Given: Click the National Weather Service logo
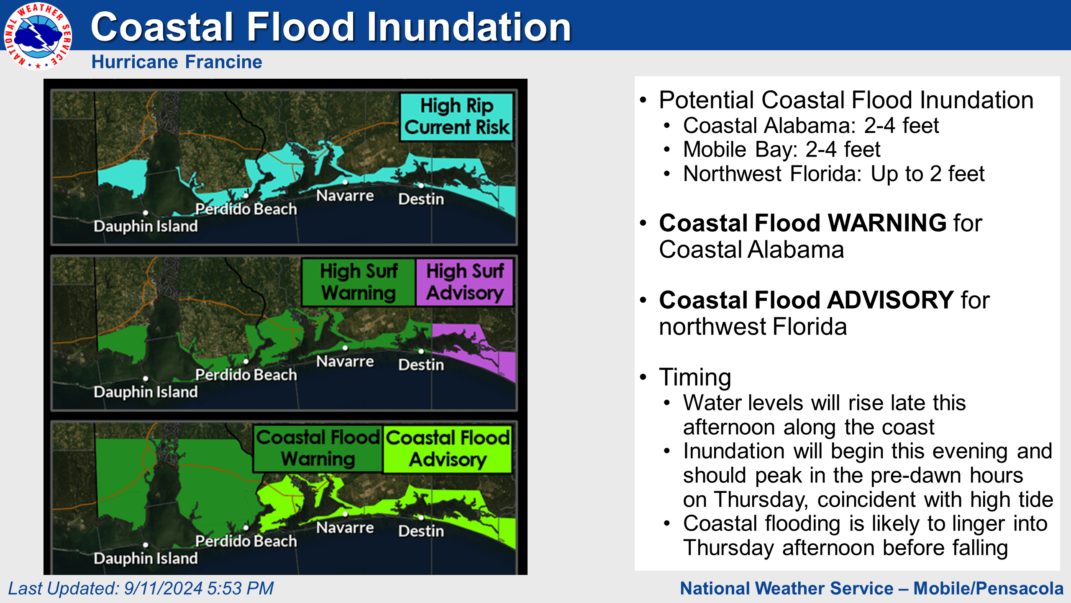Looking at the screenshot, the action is click(x=38, y=36).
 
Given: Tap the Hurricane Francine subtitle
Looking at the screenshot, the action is click(x=177, y=62).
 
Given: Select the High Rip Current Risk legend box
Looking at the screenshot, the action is click(x=456, y=116).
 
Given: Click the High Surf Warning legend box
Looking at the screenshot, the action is click(x=359, y=282).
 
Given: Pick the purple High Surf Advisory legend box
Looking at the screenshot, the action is click(x=465, y=282).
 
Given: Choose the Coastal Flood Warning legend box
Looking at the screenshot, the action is click(x=318, y=448).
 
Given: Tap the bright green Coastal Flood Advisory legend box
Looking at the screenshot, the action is click(x=448, y=448).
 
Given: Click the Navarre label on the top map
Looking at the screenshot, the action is click(x=345, y=196).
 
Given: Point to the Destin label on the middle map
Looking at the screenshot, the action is click(x=421, y=365).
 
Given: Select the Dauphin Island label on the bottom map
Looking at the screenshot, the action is click(x=146, y=558).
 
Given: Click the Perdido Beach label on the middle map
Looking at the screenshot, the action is click(x=246, y=375).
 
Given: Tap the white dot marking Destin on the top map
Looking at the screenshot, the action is click(x=421, y=186).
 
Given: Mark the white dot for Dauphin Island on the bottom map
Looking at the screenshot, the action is click(x=146, y=545).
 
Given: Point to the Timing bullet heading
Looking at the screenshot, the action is click(x=695, y=377).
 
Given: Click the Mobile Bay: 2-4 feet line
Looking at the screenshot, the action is click(x=781, y=149).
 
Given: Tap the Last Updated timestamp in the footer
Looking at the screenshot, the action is click(x=141, y=588).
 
